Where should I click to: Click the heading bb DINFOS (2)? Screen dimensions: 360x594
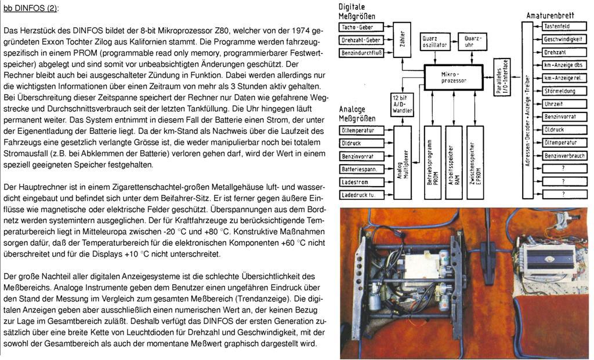[x=31, y=9]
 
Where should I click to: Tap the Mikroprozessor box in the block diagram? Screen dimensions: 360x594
[x=453, y=77]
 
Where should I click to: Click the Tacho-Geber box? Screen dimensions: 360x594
[x=361, y=27]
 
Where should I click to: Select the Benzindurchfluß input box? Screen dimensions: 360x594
[x=361, y=53]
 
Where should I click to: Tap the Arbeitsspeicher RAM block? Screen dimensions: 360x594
[x=454, y=163]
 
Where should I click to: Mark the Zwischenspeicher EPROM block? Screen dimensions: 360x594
[x=475, y=163]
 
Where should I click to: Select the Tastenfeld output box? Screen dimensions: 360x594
[x=563, y=27]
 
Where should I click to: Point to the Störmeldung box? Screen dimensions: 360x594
[x=563, y=90]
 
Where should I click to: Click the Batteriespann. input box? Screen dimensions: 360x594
[x=361, y=169]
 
